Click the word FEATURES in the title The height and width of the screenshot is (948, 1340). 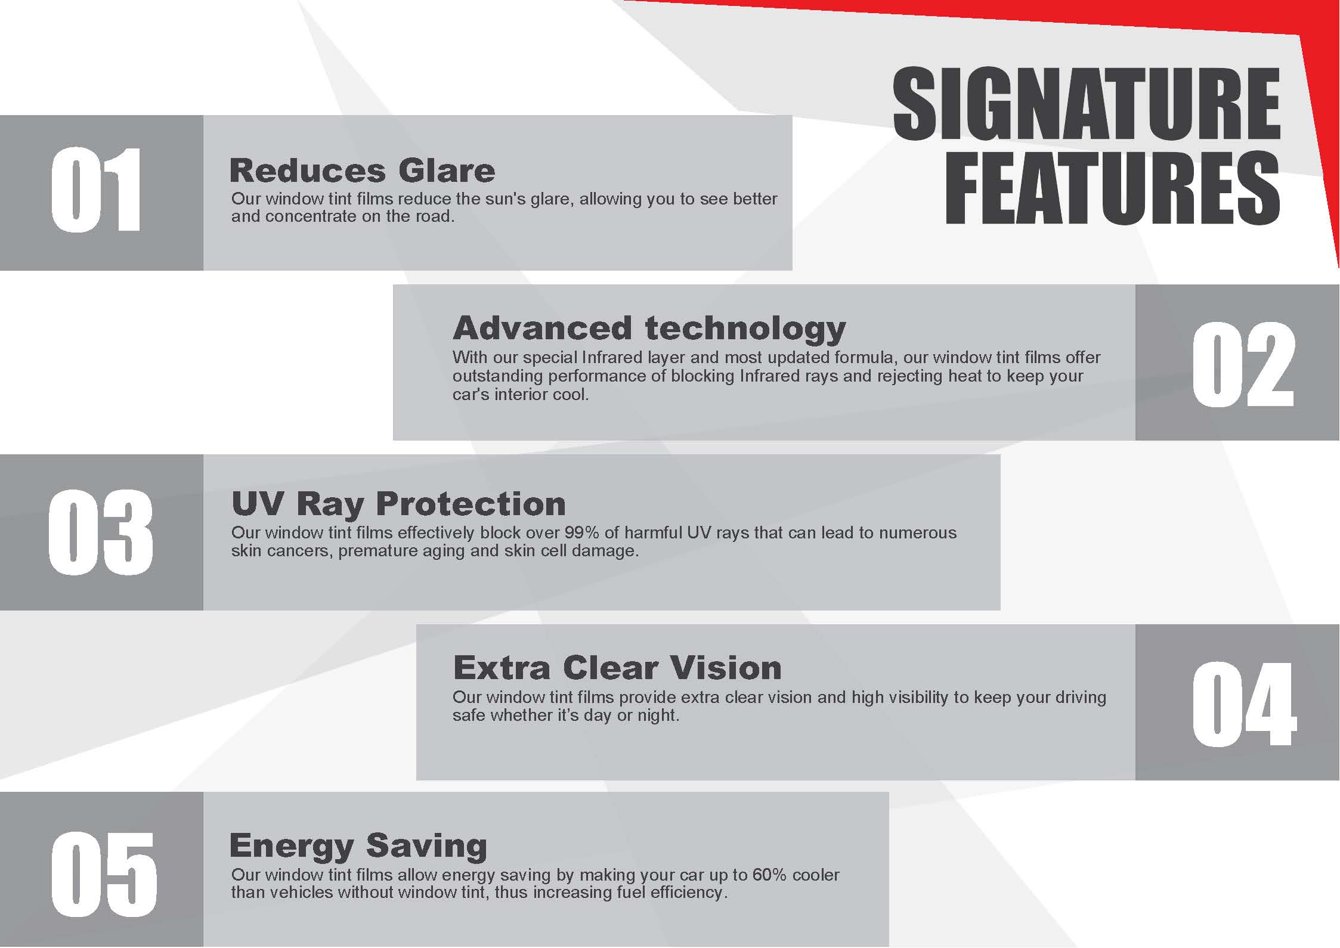[1112, 188]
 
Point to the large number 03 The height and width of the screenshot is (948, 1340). [100, 532]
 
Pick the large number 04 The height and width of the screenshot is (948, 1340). [1244, 704]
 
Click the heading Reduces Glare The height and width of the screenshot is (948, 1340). [362, 171]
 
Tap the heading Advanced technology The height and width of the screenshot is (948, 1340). [649, 329]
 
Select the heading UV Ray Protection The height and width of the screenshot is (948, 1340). [398, 504]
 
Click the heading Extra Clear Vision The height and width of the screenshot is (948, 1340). [617, 667]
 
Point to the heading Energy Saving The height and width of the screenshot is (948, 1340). [358, 847]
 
